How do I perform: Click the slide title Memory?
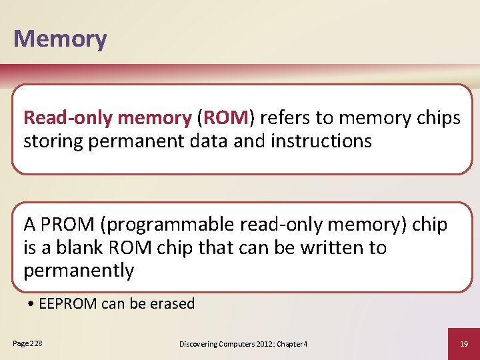tap(60, 39)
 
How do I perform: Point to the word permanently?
tap(79, 271)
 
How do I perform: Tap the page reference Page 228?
tap(27, 343)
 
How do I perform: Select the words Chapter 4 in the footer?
tap(291, 343)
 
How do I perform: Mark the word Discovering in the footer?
tap(199, 343)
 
